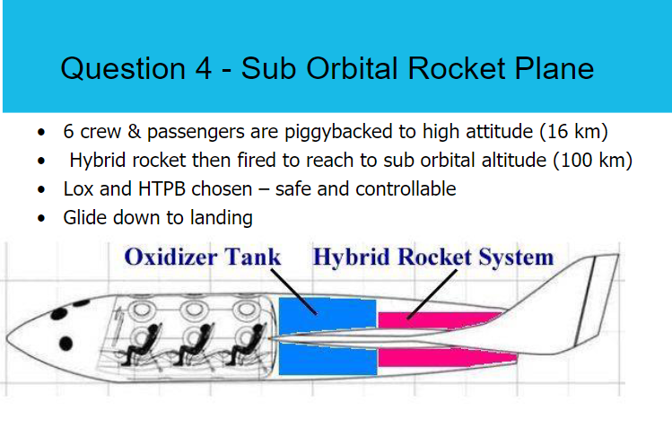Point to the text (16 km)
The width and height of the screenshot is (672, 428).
coord(573,133)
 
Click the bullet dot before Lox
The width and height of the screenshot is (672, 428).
coord(42,190)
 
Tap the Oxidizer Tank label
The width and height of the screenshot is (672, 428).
coord(202,258)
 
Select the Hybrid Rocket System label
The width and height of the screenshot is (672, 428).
coord(432,258)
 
